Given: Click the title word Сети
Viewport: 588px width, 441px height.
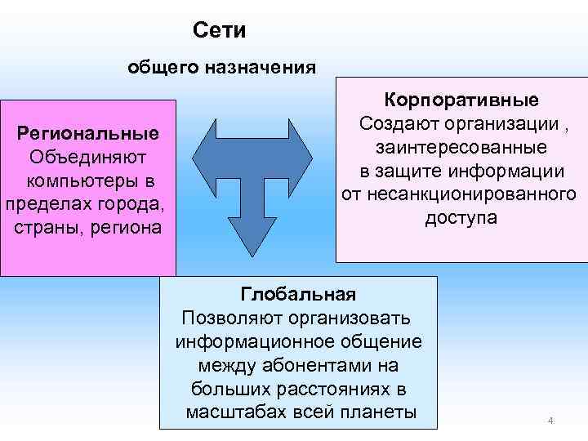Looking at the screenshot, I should click(x=220, y=31).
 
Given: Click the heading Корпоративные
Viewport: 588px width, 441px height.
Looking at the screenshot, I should click(x=462, y=100).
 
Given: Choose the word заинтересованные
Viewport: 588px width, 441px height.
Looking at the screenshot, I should click(x=461, y=148).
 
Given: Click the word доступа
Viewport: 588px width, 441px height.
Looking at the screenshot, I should click(x=461, y=219).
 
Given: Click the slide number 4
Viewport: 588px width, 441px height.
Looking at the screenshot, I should click(x=550, y=421).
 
